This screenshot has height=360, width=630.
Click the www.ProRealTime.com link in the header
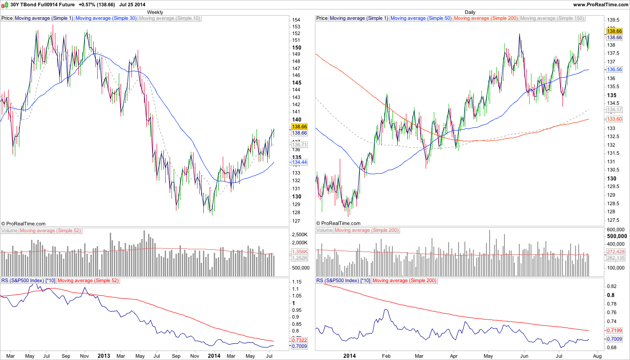[600, 4]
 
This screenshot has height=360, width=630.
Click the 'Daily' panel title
[470, 12]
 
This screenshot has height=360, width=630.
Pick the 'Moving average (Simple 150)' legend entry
[552, 18]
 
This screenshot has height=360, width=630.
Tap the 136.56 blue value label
[615, 70]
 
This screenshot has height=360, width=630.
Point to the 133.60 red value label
[615, 119]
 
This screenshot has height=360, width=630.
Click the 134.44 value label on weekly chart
[300, 162]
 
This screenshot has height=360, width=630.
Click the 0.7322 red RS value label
[299, 340]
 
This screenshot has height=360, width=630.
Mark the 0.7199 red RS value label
[614, 331]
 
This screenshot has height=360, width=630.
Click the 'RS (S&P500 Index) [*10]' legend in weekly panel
[28, 280]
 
